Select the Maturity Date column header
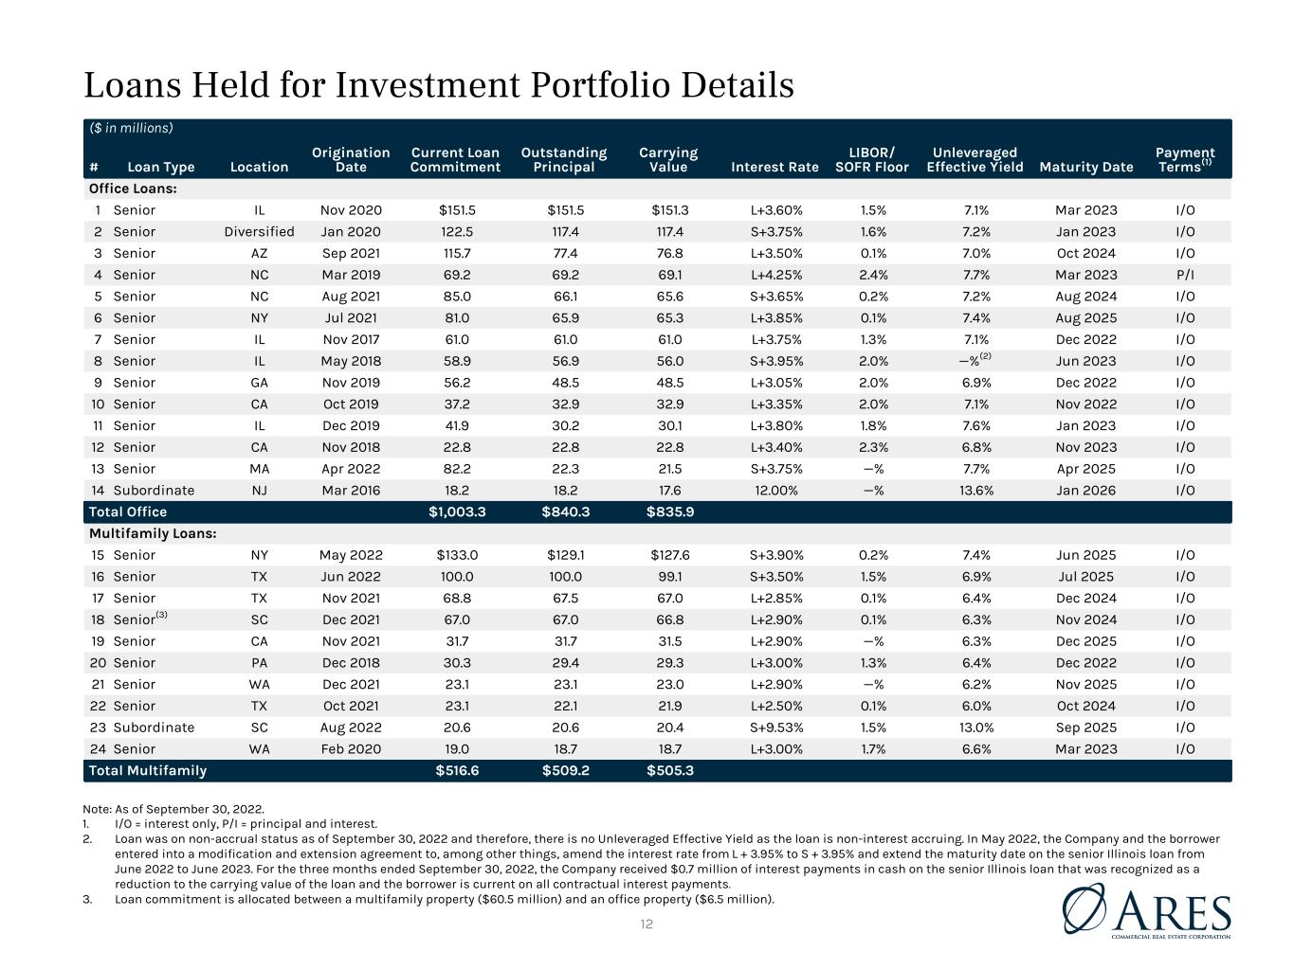point(1085,168)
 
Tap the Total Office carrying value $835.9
point(669,512)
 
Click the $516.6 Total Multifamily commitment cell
point(457,770)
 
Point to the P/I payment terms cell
point(1185,275)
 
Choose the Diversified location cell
point(259,231)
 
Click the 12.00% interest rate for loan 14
point(775,490)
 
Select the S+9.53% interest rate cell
point(775,727)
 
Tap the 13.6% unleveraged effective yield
point(975,490)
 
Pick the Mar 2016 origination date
point(351,490)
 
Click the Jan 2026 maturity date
point(1085,490)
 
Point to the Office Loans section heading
point(133,189)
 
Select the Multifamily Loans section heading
point(153,533)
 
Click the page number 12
point(647,925)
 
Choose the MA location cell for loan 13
point(259,469)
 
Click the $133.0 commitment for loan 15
point(457,555)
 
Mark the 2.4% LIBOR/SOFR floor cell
point(872,275)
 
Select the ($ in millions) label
point(131,128)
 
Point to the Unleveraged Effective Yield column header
point(975,159)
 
